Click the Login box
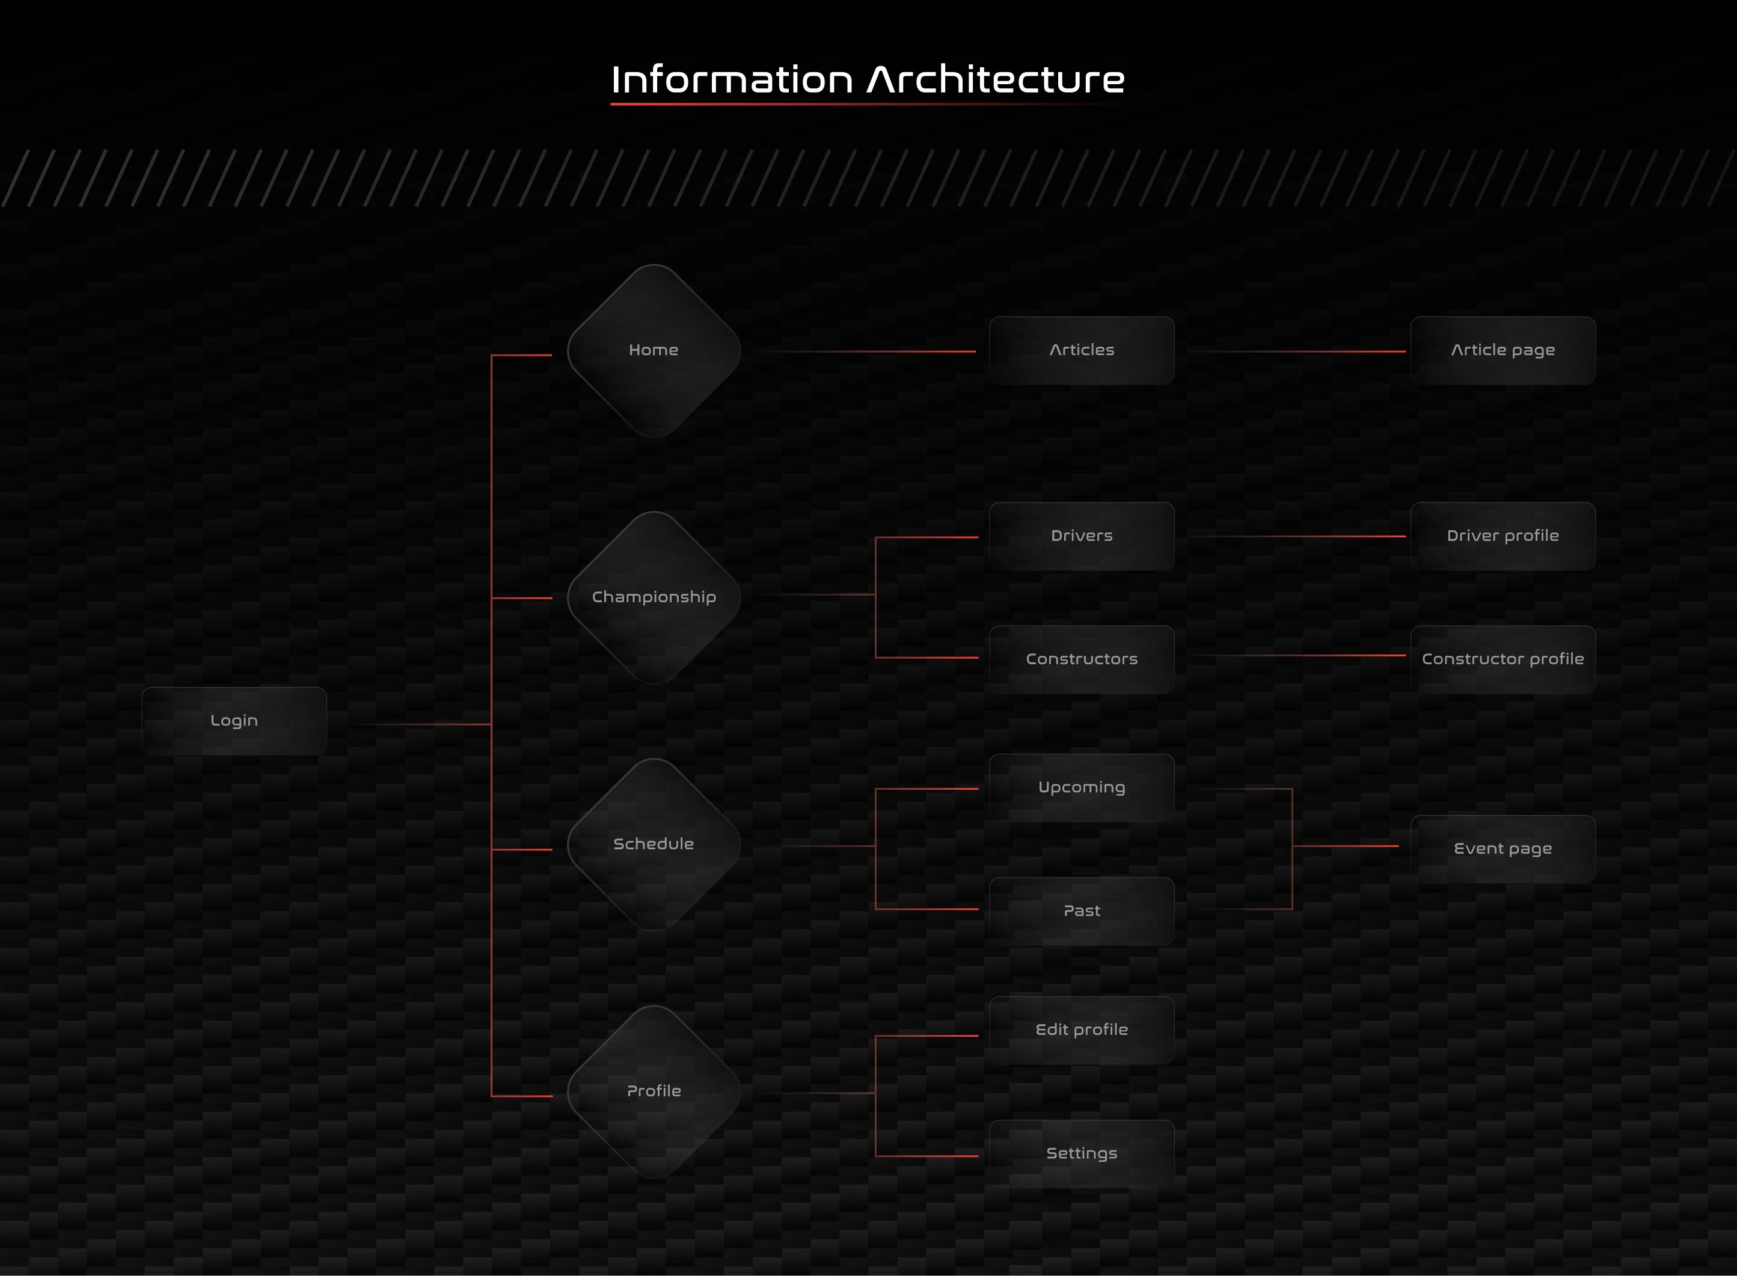click(234, 721)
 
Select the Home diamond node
click(654, 350)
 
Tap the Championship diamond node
click(654, 597)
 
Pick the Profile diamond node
click(654, 1091)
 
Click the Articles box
click(1082, 350)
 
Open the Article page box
click(1503, 350)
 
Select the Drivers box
click(1082, 536)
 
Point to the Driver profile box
click(1503, 536)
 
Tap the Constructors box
click(1082, 659)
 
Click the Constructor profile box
click(1503, 659)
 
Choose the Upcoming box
click(1082, 788)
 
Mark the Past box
click(1082, 911)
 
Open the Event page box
click(1503, 849)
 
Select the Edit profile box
click(1082, 1030)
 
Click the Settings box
click(1082, 1154)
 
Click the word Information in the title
click(732, 79)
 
